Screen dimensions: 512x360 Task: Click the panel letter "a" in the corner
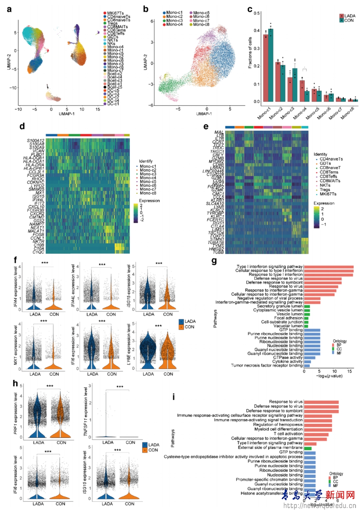9,9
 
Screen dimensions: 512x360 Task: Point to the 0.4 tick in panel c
257,31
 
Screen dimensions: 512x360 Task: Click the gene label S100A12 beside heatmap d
36,141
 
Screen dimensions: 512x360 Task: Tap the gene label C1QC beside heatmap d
38,252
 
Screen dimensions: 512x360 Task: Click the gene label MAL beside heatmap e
219,132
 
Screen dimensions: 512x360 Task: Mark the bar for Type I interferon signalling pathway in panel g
328,267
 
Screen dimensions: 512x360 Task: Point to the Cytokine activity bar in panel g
307,362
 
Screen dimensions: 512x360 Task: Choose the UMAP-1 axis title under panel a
66,114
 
